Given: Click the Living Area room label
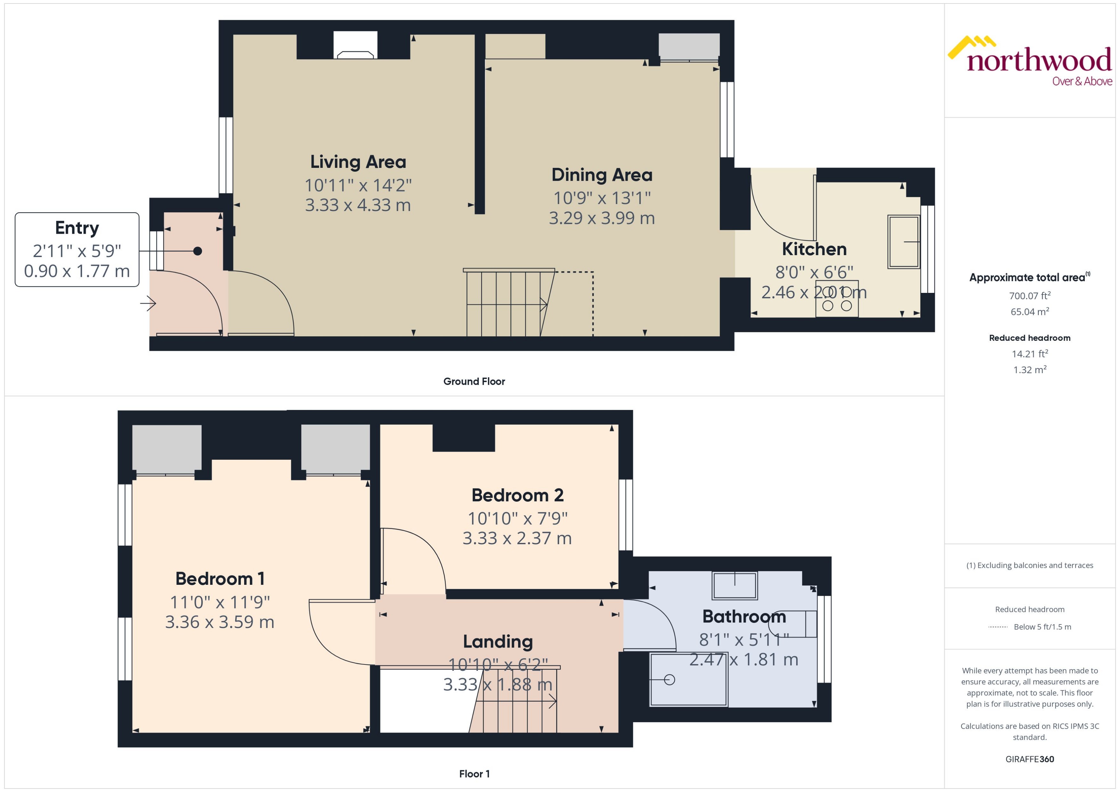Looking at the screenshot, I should click(x=358, y=162).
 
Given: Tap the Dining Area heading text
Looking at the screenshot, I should click(x=601, y=175).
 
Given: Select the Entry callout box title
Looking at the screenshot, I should click(x=77, y=228).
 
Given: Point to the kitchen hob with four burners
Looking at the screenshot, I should click(x=836, y=298).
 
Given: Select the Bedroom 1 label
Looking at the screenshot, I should click(x=220, y=579).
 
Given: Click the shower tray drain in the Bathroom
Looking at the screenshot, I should click(x=669, y=679).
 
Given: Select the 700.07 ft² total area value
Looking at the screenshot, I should click(x=1029, y=296).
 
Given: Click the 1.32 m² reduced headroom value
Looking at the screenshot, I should click(x=1029, y=370).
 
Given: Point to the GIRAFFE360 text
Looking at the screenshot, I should click(x=1029, y=759).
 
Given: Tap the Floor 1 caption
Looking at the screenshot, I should click(x=474, y=774).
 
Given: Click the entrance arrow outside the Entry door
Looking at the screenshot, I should click(x=148, y=304).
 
